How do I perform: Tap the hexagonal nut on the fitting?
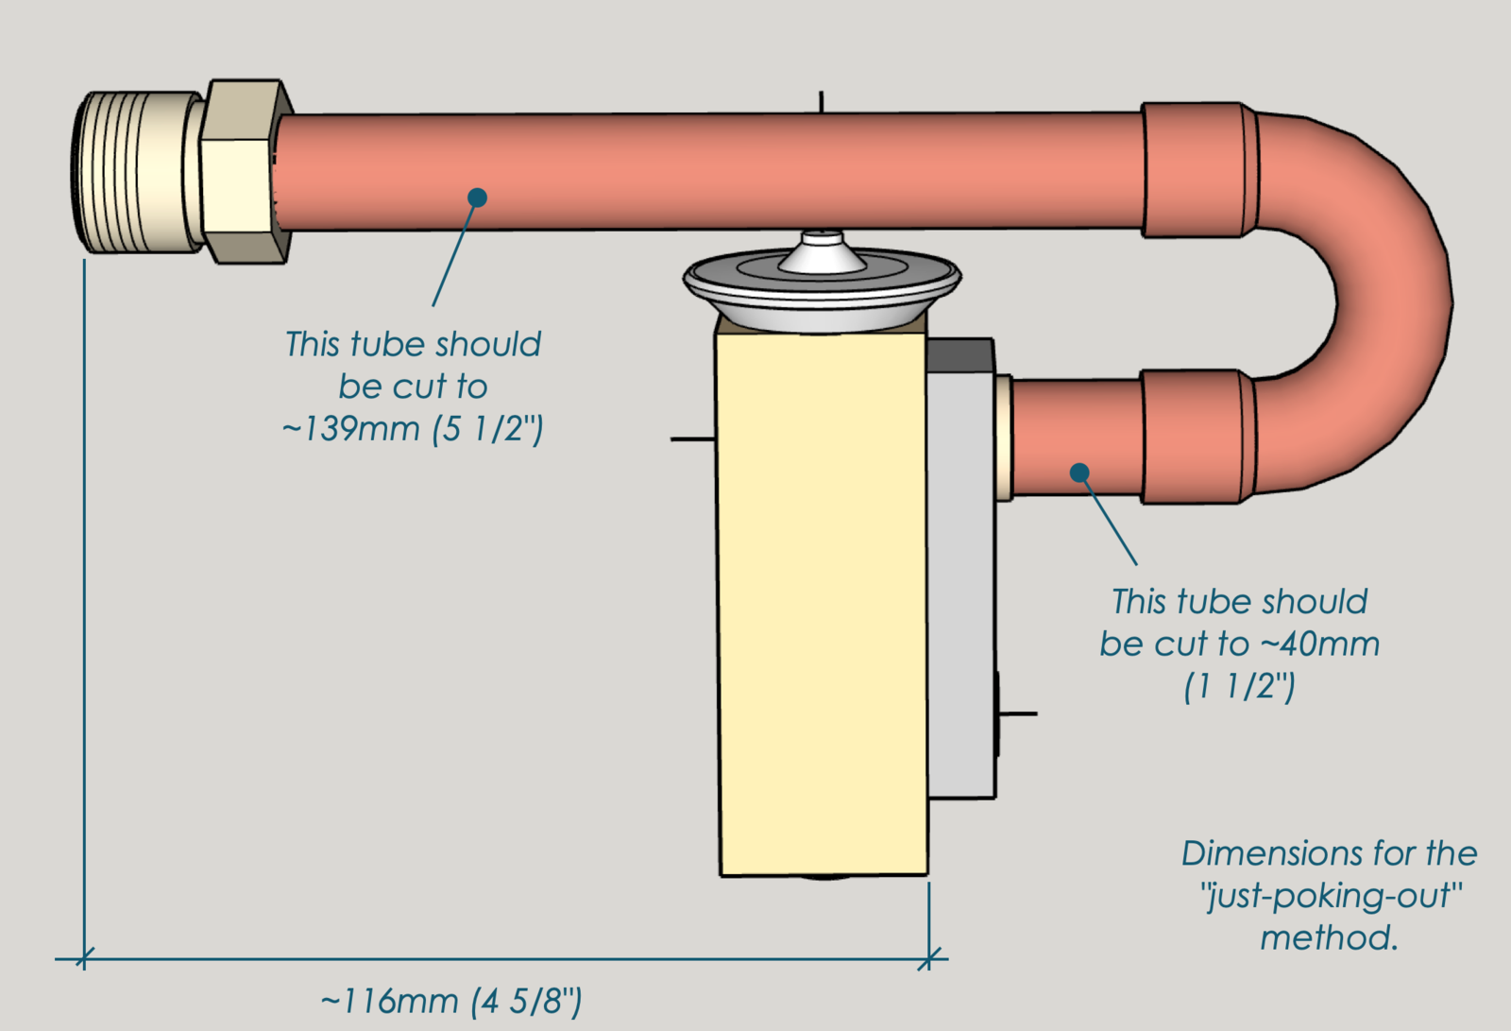pyautogui.click(x=244, y=171)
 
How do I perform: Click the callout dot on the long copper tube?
pyautogui.click(x=477, y=197)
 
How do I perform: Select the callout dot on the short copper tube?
pyautogui.click(x=1079, y=472)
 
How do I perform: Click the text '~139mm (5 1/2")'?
pyautogui.click(x=413, y=429)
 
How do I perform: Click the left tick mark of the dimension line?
pyautogui.click(x=84, y=959)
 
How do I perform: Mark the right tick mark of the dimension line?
pyautogui.click(x=929, y=959)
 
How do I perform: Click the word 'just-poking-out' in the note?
pyautogui.click(x=1332, y=896)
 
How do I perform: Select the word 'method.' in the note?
pyautogui.click(x=1329, y=938)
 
